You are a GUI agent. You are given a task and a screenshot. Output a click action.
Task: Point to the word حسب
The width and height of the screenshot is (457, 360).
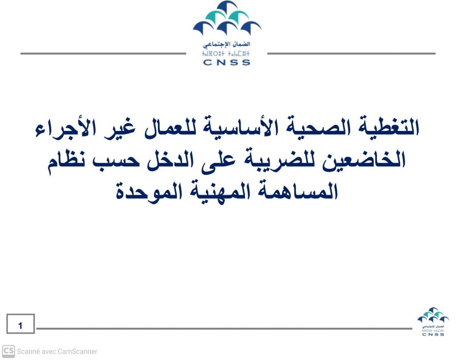tap(116, 161)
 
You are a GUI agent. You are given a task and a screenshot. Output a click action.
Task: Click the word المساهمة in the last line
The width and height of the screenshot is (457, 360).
tap(297, 191)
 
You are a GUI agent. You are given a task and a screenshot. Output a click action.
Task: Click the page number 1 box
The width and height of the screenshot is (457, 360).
tap(21, 323)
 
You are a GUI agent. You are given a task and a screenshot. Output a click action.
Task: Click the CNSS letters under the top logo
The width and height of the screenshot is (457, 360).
tap(226, 63)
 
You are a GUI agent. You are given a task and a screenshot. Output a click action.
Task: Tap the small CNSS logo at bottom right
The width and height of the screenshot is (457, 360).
tap(433, 322)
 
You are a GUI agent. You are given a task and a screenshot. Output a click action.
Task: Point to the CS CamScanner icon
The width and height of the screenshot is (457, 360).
tap(8, 351)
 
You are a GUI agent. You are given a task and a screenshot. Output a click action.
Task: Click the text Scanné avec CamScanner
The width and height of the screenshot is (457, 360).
tap(57, 352)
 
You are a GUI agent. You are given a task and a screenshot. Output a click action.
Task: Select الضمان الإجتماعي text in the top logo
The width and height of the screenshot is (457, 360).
tap(226, 45)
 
